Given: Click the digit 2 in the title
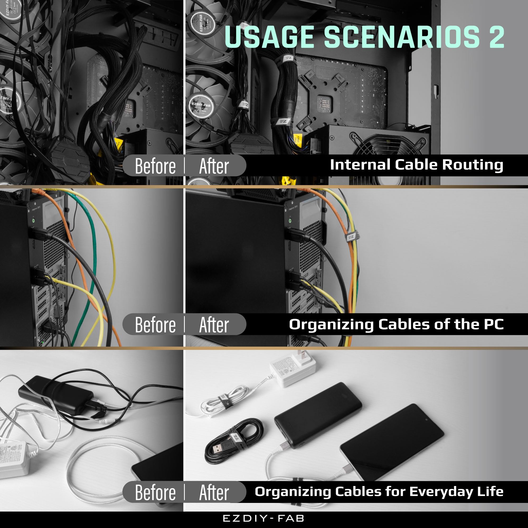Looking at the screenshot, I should pyautogui.click(x=496, y=37).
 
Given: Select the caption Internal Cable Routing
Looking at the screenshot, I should pyautogui.click(x=417, y=165).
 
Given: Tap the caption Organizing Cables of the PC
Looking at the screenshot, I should pyautogui.click(x=396, y=324).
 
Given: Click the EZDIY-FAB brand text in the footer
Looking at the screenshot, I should pyautogui.click(x=264, y=518).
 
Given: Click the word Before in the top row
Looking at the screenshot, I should pyautogui.click(x=155, y=166).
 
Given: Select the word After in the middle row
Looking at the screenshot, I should pyautogui.click(x=214, y=325).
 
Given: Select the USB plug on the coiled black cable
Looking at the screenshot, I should pyautogui.click(x=218, y=449).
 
